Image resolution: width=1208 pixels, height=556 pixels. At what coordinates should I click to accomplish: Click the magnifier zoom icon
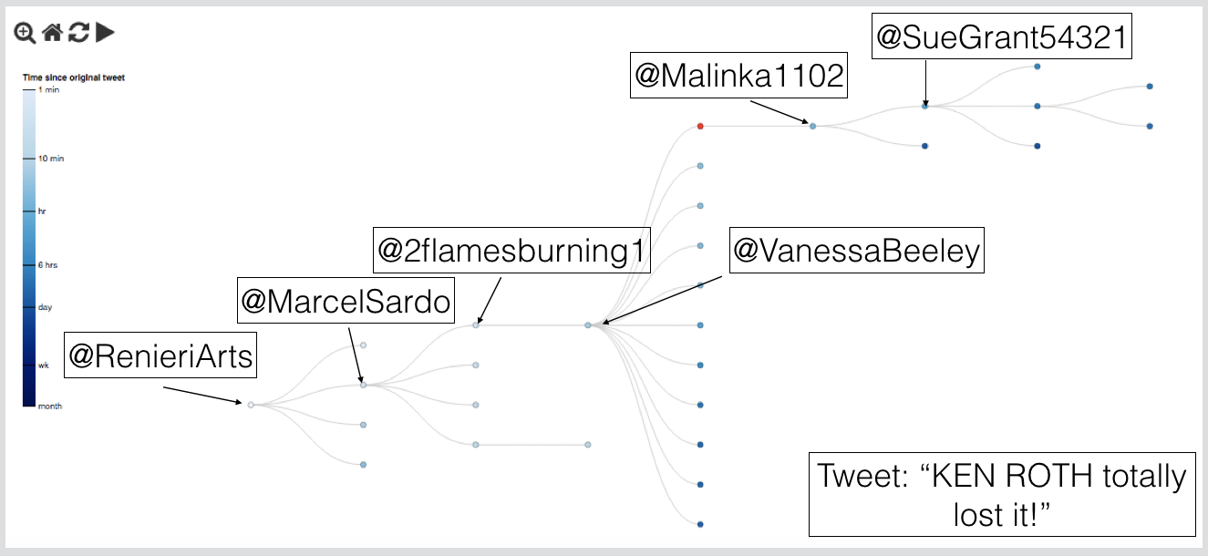25,33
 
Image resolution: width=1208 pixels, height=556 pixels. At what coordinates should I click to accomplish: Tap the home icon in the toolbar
53,33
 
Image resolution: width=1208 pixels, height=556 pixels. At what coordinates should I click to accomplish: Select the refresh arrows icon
79,33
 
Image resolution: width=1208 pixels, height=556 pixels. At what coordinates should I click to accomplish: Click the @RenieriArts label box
160,355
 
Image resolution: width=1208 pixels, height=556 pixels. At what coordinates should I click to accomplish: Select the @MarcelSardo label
346,301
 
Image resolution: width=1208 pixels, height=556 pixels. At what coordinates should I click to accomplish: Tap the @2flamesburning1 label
511,250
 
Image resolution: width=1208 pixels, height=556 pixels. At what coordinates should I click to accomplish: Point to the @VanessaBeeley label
856,250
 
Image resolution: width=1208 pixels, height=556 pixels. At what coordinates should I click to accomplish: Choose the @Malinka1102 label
739,76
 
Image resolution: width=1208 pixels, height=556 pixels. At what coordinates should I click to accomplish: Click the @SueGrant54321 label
1002,36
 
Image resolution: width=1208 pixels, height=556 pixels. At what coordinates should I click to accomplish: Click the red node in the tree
699,126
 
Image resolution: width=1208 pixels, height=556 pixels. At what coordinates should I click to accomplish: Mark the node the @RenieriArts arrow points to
251,405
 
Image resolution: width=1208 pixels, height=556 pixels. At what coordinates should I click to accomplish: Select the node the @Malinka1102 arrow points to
812,126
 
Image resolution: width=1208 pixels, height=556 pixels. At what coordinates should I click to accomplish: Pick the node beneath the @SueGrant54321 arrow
924,107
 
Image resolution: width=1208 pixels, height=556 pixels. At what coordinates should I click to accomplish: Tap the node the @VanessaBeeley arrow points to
588,325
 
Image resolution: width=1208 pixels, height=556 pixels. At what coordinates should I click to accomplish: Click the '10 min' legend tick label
51,159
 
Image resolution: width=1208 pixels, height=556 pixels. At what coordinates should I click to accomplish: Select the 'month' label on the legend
50,406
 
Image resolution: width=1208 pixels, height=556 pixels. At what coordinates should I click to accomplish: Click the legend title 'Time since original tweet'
74,78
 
